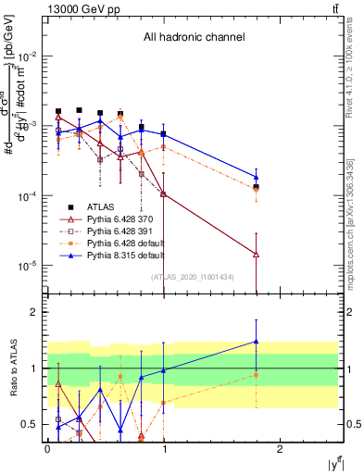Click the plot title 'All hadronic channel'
tap(194, 37)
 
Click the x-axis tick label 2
tap(282, 448)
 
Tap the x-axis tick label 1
tap(164, 448)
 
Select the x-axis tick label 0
tap(47, 448)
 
